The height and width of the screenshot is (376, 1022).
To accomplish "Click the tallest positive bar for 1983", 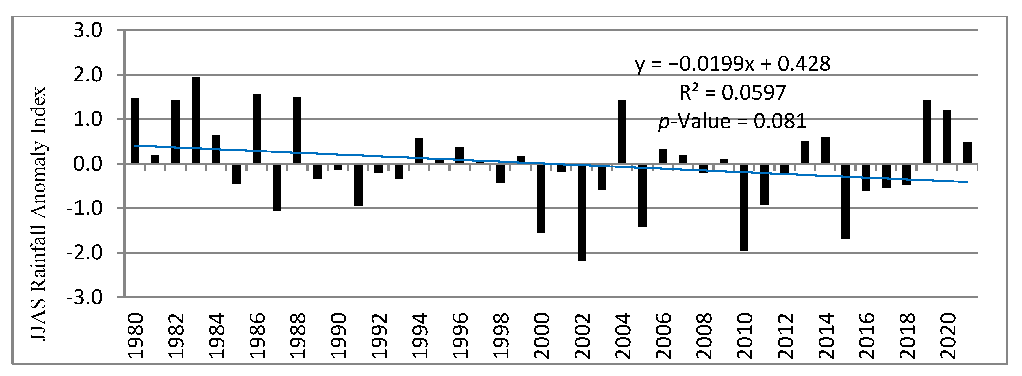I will (196, 120).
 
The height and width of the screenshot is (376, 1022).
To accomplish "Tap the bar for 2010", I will (744, 207).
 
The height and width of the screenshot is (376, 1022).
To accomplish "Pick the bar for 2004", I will (622, 132).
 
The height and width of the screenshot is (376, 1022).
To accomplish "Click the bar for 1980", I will (135, 131).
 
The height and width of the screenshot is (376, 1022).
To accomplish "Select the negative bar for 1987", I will (277, 187).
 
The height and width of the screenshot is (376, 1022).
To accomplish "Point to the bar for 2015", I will (845, 201).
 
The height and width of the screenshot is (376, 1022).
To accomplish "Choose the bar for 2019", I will (927, 132).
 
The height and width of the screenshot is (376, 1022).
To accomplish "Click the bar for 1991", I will (358, 185).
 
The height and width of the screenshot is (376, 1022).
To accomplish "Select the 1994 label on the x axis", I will (419, 336).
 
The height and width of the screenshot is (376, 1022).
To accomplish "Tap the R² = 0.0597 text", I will (732, 93).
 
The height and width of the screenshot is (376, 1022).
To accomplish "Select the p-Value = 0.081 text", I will (732, 121).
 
